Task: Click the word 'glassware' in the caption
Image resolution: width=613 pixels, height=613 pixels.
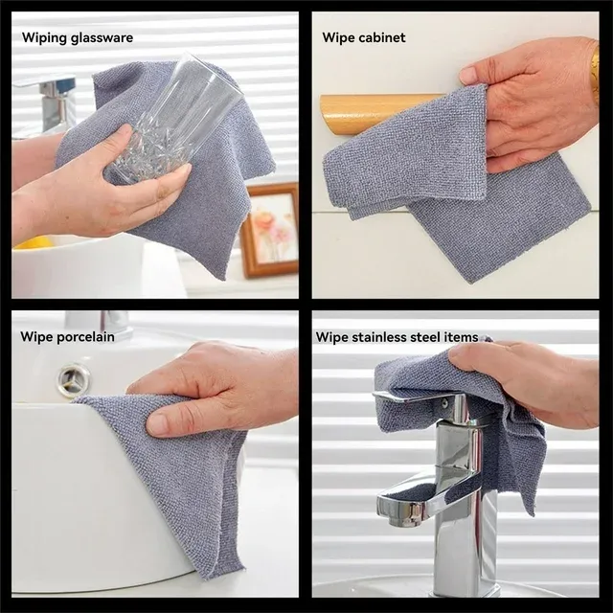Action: (102, 38)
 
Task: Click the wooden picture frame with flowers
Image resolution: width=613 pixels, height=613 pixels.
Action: (269, 230)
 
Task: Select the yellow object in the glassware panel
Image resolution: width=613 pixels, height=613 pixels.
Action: (34, 242)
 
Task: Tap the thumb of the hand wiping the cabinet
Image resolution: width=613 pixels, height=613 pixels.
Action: (474, 74)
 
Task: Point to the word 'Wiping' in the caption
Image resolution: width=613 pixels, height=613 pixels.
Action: (45, 38)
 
